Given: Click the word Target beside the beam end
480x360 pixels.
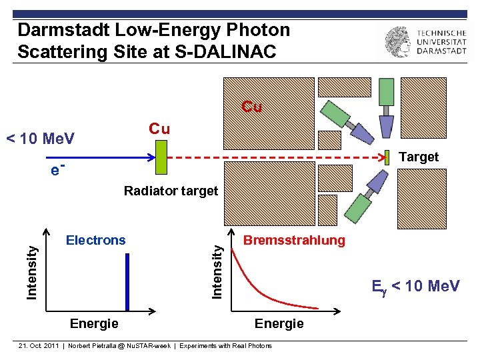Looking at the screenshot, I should point(418,157).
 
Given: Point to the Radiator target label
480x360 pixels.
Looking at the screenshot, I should point(171,191).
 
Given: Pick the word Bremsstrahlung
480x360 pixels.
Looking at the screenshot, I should point(294,240).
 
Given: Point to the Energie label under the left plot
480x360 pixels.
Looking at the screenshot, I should point(94,323).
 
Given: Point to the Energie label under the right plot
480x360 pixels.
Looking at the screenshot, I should point(279,323).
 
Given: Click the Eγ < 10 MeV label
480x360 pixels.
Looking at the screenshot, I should point(415,286).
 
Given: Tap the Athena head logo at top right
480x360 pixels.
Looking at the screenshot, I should point(398,41).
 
